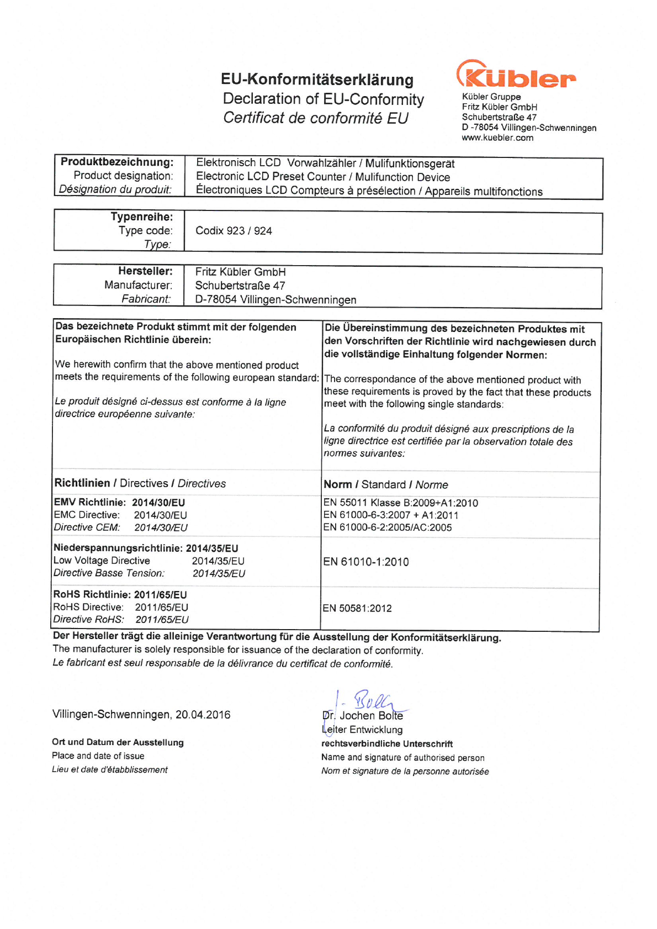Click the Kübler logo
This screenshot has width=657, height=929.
click(516, 75)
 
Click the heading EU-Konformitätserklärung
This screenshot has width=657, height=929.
click(317, 80)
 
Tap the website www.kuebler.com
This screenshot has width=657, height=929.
click(497, 138)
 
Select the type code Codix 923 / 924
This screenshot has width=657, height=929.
click(234, 231)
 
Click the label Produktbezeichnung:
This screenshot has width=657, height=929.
click(117, 162)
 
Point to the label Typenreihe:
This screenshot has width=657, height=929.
click(142, 217)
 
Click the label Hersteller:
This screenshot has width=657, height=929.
click(145, 271)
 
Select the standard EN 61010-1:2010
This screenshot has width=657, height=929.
click(366, 562)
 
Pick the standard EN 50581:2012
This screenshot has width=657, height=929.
click(357, 609)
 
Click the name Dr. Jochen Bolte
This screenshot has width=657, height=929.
click(363, 716)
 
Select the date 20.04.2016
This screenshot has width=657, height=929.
click(203, 715)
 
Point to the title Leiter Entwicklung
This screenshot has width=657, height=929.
click(362, 730)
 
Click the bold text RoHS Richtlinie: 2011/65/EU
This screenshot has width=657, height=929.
click(120, 595)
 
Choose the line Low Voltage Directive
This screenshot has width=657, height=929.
click(102, 561)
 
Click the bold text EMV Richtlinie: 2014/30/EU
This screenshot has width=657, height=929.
click(119, 503)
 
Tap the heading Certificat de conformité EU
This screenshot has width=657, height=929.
click(316, 118)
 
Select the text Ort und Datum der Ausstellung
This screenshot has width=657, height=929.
click(118, 743)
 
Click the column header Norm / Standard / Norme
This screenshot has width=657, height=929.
click(386, 485)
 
